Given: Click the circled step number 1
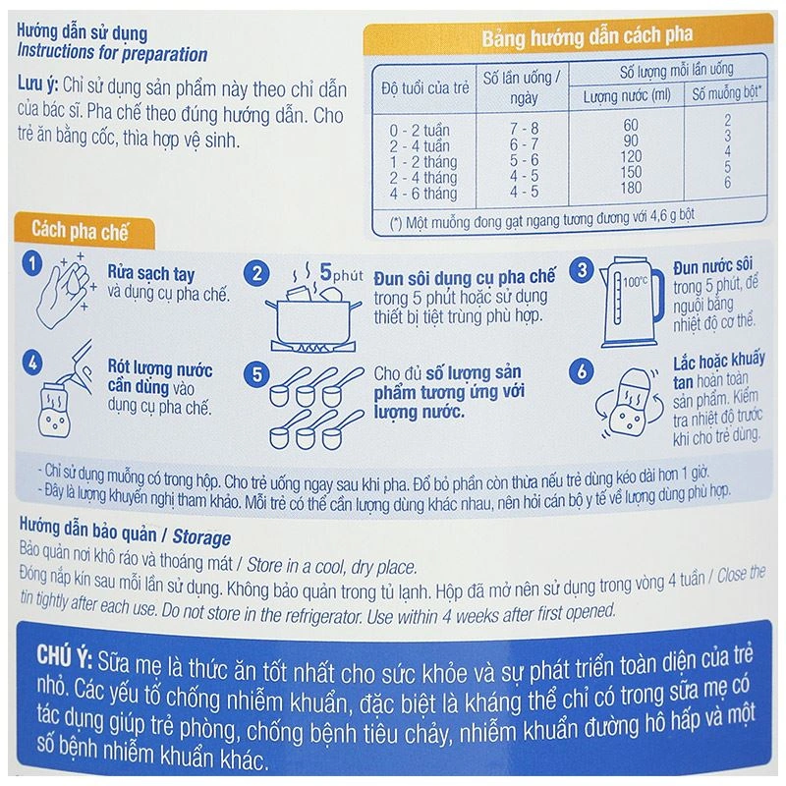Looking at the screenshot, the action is [32, 263].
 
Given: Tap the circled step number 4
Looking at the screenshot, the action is [32, 363].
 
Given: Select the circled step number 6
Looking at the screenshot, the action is [582, 371].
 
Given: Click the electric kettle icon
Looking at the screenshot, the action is [627, 303].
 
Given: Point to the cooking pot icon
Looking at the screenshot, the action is [313, 317].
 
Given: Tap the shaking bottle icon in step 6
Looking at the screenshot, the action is [629, 404].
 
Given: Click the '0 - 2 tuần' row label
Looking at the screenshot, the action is [420, 131].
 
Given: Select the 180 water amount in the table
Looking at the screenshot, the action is [631, 188].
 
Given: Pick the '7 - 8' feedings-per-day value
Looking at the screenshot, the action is [525, 129].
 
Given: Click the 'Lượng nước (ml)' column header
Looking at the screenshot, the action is [627, 95].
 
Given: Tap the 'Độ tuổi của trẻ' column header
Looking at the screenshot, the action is [425, 88].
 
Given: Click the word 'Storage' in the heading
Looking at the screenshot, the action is [201, 537].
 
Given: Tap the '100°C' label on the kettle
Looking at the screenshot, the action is [635, 282].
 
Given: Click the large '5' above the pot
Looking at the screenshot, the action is [326, 272].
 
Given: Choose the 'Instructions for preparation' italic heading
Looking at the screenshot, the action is [112, 53].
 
